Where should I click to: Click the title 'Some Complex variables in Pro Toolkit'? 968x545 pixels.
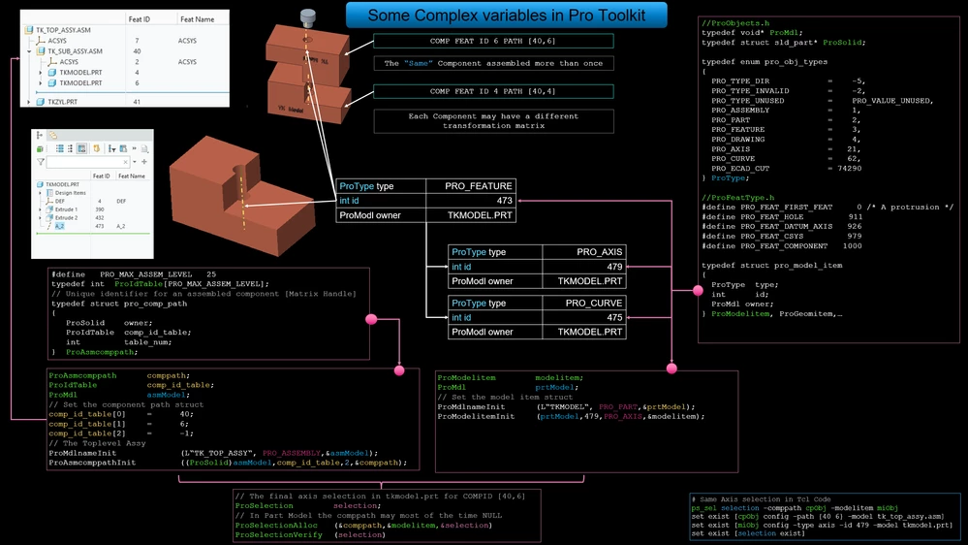coord(508,15)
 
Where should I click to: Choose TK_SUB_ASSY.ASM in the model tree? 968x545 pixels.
coord(78,51)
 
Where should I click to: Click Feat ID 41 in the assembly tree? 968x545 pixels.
coord(137,102)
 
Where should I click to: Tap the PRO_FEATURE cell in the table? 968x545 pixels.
coord(478,185)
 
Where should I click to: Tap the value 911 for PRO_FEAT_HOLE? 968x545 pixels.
coord(855,216)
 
